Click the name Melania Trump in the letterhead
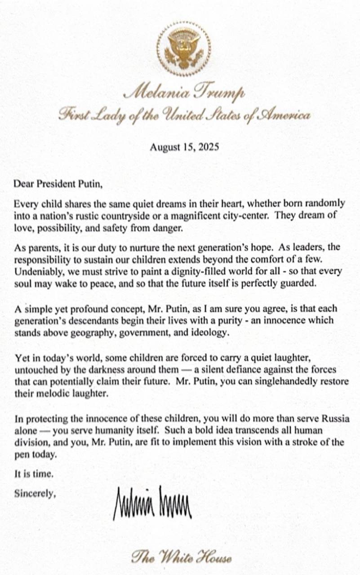pos(184,93)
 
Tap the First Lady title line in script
pos(184,115)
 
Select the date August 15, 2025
pos(184,147)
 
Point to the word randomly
pos(329,203)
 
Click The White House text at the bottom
pos(182,558)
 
